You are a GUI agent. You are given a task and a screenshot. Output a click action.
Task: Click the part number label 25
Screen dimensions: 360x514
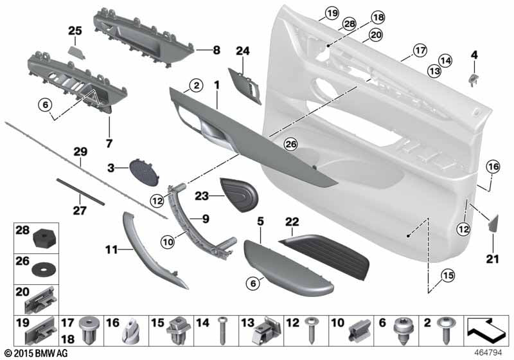pos(76,31)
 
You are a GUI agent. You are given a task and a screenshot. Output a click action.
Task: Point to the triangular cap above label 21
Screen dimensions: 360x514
pos(493,223)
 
